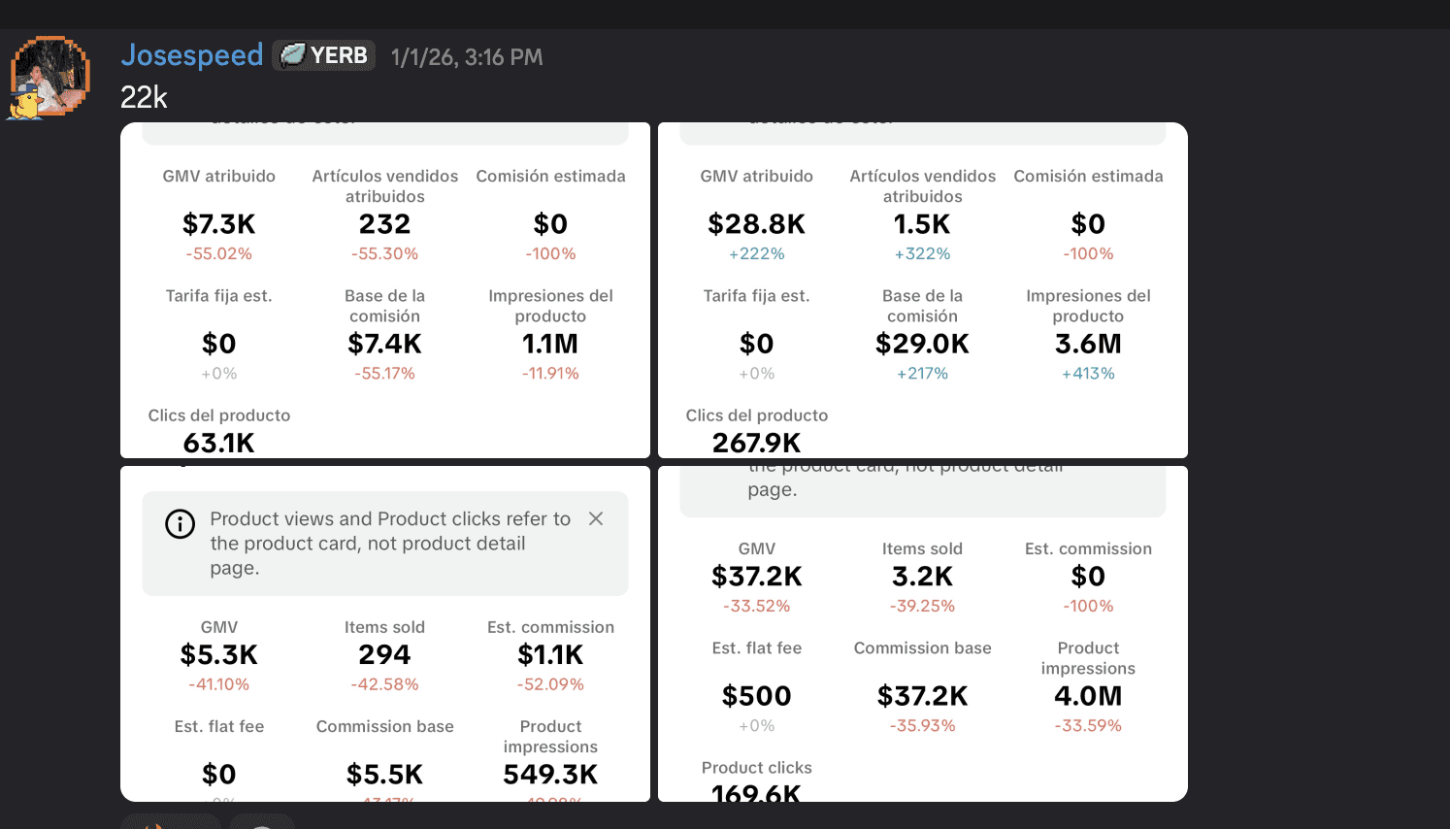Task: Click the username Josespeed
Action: click(x=191, y=55)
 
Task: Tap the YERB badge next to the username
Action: click(x=324, y=55)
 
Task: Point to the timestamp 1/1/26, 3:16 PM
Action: click(x=467, y=57)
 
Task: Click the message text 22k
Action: click(x=144, y=97)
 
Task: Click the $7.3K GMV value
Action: click(x=219, y=224)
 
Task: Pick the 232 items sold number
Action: click(x=385, y=224)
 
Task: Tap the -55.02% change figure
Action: click(x=219, y=253)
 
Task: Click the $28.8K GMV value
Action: click(x=757, y=224)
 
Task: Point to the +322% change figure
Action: click(x=923, y=253)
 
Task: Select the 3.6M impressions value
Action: click(x=1088, y=344)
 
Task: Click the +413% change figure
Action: click(x=1088, y=373)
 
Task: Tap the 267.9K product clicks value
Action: click(x=757, y=444)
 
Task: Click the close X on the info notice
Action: click(x=596, y=518)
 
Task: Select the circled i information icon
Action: click(x=180, y=524)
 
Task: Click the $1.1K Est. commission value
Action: click(x=550, y=655)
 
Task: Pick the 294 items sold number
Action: click(x=385, y=655)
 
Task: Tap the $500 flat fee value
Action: click(x=757, y=696)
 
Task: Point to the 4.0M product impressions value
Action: click(x=1088, y=696)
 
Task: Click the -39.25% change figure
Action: click(x=923, y=606)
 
